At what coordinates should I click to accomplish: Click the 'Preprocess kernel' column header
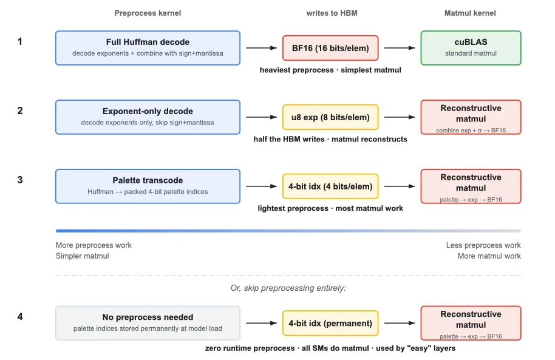[148, 13]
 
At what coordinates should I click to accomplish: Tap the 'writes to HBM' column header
[332, 13]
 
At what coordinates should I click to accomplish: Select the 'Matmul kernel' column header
[470, 13]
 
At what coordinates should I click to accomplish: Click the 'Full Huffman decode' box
[148, 48]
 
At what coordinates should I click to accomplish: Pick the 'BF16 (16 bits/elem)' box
[330, 48]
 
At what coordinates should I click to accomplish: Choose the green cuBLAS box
[471, 48]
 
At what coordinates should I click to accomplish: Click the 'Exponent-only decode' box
[148, 117]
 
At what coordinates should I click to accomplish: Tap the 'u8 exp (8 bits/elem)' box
[330, 117]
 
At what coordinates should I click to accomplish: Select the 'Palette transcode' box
[148, 186]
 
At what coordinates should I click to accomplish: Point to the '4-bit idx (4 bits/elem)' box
[330, 186]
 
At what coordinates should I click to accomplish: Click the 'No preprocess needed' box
[148, 323]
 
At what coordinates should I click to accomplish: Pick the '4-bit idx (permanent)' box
[330, 323]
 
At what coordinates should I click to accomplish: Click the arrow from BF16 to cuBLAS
[400, 48]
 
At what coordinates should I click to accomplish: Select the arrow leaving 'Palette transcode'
[262, 186]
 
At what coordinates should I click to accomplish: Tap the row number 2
[20, 111]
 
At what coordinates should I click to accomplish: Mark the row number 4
[20, 316]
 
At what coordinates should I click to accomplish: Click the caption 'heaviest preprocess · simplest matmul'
[330, 70]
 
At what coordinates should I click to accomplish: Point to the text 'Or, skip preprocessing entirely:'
[288, 288]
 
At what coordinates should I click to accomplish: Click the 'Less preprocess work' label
[483, 245]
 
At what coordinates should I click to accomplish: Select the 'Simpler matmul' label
[82, 256]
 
